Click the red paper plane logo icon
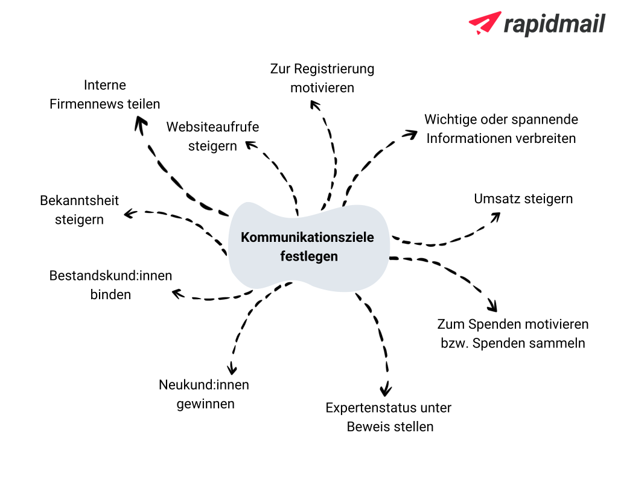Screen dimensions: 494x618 pos(485,23)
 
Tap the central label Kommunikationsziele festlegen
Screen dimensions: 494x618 pos(307,246)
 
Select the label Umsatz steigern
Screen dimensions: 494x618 pos(523,198)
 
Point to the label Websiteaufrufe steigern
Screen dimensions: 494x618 pos(213,136)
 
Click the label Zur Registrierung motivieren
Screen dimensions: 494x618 pos(322,78)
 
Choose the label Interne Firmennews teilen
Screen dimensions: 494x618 pos(105,94)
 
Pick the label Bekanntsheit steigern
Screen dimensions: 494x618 pos(80,210)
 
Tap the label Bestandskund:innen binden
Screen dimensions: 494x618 pos(110,285)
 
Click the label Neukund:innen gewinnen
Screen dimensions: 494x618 pos(205,394)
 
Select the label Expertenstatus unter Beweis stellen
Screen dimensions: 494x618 pos(389,417)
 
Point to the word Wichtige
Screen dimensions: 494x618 pos(448,119)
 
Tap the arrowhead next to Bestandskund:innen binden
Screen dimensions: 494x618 pos(177,294)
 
